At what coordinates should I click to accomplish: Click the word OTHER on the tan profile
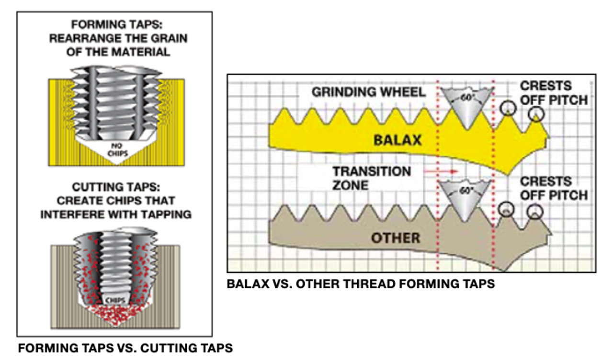coord(395,238)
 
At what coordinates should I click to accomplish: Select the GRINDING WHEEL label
coord(369,92)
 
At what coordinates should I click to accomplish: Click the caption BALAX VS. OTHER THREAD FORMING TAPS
coord(361,284)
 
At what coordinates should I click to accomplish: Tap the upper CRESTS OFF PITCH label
coord(554,93)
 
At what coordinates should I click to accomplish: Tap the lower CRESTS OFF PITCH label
coord(554,188)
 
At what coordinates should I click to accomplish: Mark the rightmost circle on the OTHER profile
coord(535,211)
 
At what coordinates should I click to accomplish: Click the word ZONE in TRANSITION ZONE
coord(351,185)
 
